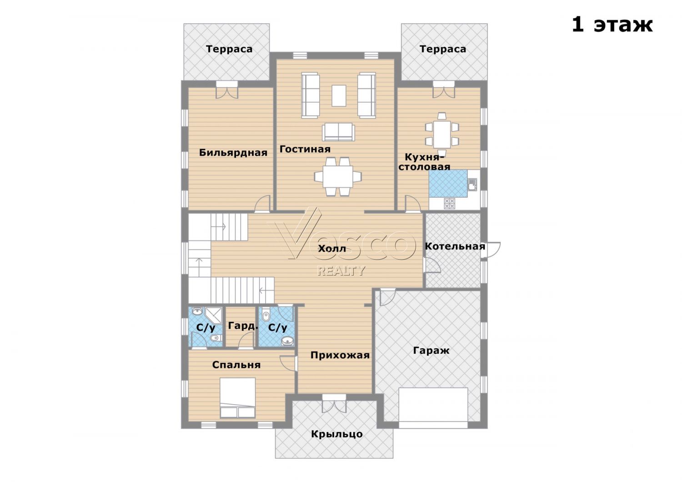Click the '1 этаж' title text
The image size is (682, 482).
click(x=612, y=25)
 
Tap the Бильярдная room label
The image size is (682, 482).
click(x=233, y=152)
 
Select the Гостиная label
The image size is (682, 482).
click(x=305, y=149)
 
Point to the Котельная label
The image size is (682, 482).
click(x=455, y=246)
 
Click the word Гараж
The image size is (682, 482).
click(x=431, y=351)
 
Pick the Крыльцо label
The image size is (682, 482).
click(x=337, y=434)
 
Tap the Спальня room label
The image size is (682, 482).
click(x=236, y=365)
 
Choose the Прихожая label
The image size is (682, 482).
click(x=340, y=355)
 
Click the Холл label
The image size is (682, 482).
click(x=332, y=249)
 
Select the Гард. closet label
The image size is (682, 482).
click(x=243, y=326)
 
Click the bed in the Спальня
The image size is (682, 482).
click(x=237, y=398)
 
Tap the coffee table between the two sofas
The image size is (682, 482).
click(x=339, y=95)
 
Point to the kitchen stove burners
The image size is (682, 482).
click(x=450, y=203)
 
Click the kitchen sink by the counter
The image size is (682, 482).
click(x=472, y=184)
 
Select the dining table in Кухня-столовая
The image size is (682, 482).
click(x=442, y=134)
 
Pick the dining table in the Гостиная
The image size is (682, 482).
click(x=338, y=176)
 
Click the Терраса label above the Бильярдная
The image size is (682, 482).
click(x=229, y=49)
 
